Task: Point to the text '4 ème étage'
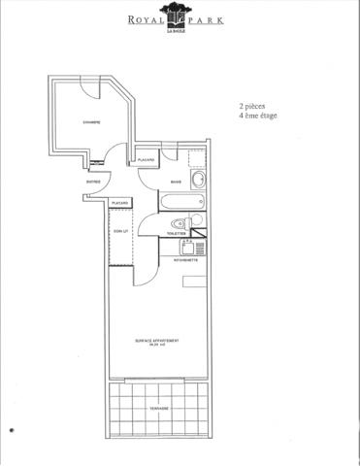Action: tap(257, 116)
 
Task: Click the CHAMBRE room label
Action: tap(91, 121)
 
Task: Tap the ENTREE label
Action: tap(93, 181)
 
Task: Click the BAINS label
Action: tap(176, 182)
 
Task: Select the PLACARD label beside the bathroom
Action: tap(147, 159)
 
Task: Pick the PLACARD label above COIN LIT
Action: tap(120, 202)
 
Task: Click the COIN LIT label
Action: tap(119, 231)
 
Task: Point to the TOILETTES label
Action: tap(176, 234)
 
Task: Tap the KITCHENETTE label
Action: tap(186, 260)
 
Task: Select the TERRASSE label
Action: tap(159, 409)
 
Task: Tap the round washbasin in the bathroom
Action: tap(197, 180)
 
